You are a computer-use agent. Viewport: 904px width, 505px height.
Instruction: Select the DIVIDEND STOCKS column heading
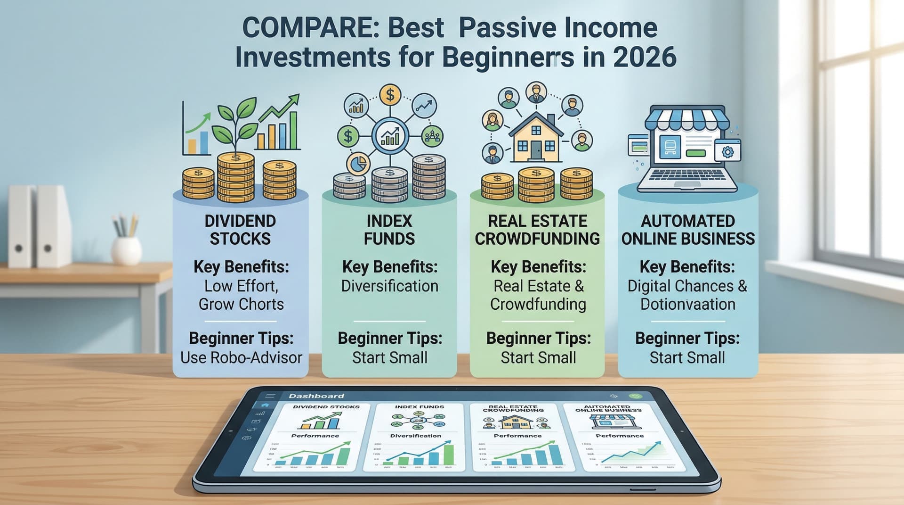(x=240, y=230)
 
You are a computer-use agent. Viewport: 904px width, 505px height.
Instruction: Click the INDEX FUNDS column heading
(x=389, y=230)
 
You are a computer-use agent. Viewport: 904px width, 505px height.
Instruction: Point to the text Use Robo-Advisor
(x=241, y=357)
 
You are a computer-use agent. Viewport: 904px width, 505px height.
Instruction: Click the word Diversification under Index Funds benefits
(x=389, y=286)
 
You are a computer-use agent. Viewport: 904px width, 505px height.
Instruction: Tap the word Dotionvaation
(x=687, y=304)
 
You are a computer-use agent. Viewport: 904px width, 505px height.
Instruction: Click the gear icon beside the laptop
(x=727, y=152)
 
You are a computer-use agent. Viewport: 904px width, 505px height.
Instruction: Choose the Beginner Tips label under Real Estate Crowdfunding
(x=538, y=338)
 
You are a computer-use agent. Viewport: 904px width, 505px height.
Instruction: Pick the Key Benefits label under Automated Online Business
(x=687, y=267)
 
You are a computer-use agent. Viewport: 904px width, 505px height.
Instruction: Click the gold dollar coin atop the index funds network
(x=390, y=95)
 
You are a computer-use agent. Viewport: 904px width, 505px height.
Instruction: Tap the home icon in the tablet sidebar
(x=265, y=405)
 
